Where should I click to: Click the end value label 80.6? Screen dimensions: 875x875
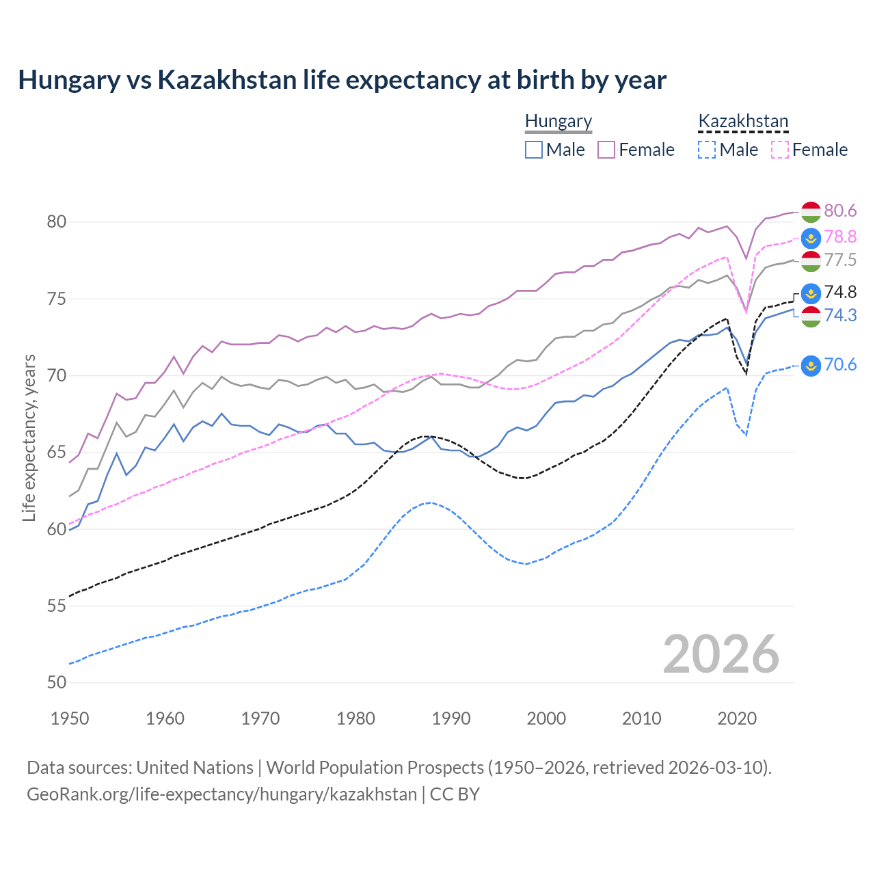point(840,211)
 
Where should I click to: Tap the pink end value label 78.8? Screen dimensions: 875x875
point(840,237)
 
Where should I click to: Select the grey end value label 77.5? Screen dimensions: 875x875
point(840,260)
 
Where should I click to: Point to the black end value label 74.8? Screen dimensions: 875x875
point(840,292)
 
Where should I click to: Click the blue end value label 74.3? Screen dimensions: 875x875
point(840,315)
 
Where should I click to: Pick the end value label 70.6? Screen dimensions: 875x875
point(840,364)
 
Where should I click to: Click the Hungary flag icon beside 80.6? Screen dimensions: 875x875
point(811,212)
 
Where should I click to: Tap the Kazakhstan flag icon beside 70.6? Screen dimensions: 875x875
point(811,366)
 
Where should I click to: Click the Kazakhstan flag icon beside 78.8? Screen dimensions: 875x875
point(811,238)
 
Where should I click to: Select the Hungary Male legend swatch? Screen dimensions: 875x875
point(534,150)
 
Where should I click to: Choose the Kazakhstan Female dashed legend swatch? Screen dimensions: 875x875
point(780,150)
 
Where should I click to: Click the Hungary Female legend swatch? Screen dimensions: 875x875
point(606,150)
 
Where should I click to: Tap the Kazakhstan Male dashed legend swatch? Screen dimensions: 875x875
point(707,150)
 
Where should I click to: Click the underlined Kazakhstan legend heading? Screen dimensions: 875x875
point(743,122)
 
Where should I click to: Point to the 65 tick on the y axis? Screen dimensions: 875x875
point(57,453)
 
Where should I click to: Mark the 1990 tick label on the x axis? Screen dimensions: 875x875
point(451,718)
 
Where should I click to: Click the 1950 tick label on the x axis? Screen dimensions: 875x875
point(70,718)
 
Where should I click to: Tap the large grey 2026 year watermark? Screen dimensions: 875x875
point(721,654)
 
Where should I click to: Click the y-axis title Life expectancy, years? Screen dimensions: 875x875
point(29,437)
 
